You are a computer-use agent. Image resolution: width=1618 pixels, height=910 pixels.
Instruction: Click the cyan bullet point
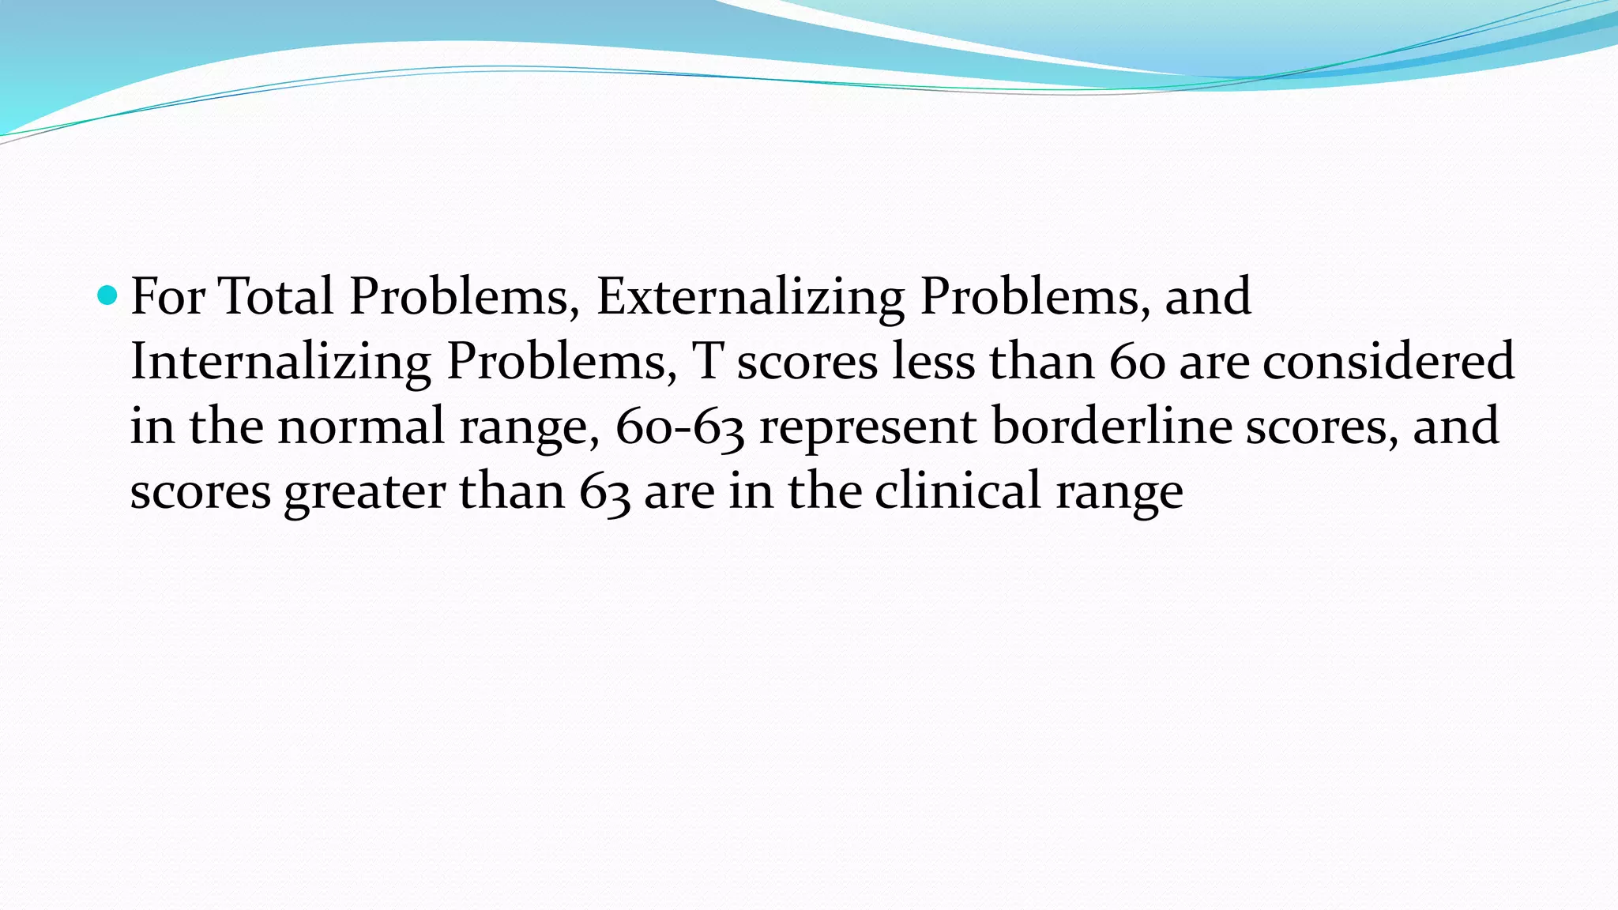pos(107,296)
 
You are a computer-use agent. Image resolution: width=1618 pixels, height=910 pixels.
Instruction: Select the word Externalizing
pos(750,296)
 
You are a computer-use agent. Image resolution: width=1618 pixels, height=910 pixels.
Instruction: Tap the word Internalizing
pos(280,361)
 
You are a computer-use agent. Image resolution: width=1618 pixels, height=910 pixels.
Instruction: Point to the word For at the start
pos(167,296)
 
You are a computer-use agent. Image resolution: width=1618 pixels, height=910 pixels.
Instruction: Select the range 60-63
pos(679,427)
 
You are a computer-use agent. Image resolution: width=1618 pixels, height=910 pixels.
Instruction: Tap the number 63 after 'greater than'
pos(604,491)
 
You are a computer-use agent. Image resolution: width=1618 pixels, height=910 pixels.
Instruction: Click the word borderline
pos(1111,427)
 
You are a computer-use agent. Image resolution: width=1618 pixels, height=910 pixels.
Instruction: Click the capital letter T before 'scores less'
pos(707,361)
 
